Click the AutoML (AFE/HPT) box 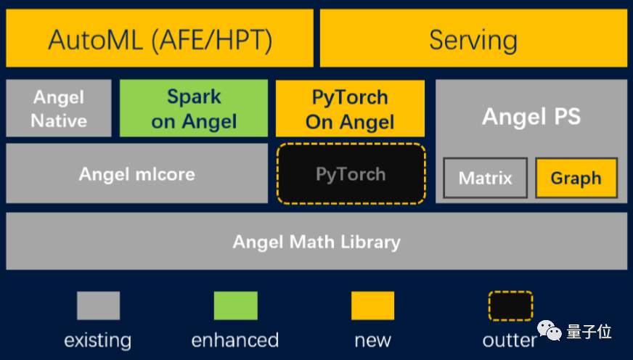tap(160, 38)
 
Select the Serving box tap(473, 38)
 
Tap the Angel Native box tap(59, 108)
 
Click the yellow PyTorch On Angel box tap(350, 108)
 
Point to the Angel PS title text tap(531, 116)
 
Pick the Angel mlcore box tap(136, 173)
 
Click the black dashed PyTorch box tap(351, 174)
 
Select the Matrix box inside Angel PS tap(486, 178)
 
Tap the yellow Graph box tap(576, 178)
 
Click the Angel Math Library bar tap(316, 241)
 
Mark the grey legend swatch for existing tap(98, 306)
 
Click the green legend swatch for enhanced tap(235, 306)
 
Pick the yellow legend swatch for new tap(372, 306)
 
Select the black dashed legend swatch tap(510, 306)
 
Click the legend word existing tap(98, 340)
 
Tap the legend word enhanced tap(235, 340)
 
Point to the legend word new tap(372, 340)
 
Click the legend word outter tap(509, 340)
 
